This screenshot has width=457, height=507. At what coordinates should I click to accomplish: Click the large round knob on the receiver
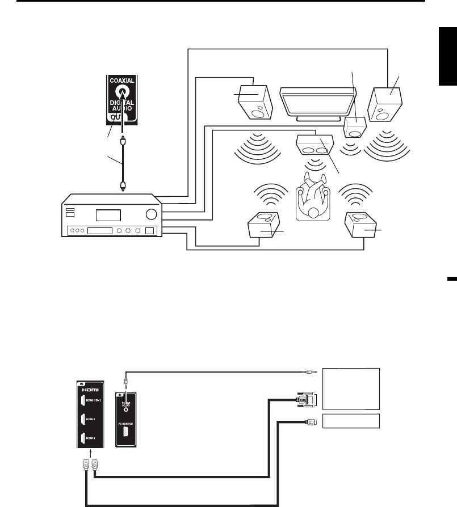[x=150, y=214]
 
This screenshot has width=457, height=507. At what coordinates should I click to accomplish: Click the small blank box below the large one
[x=350, y=421]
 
